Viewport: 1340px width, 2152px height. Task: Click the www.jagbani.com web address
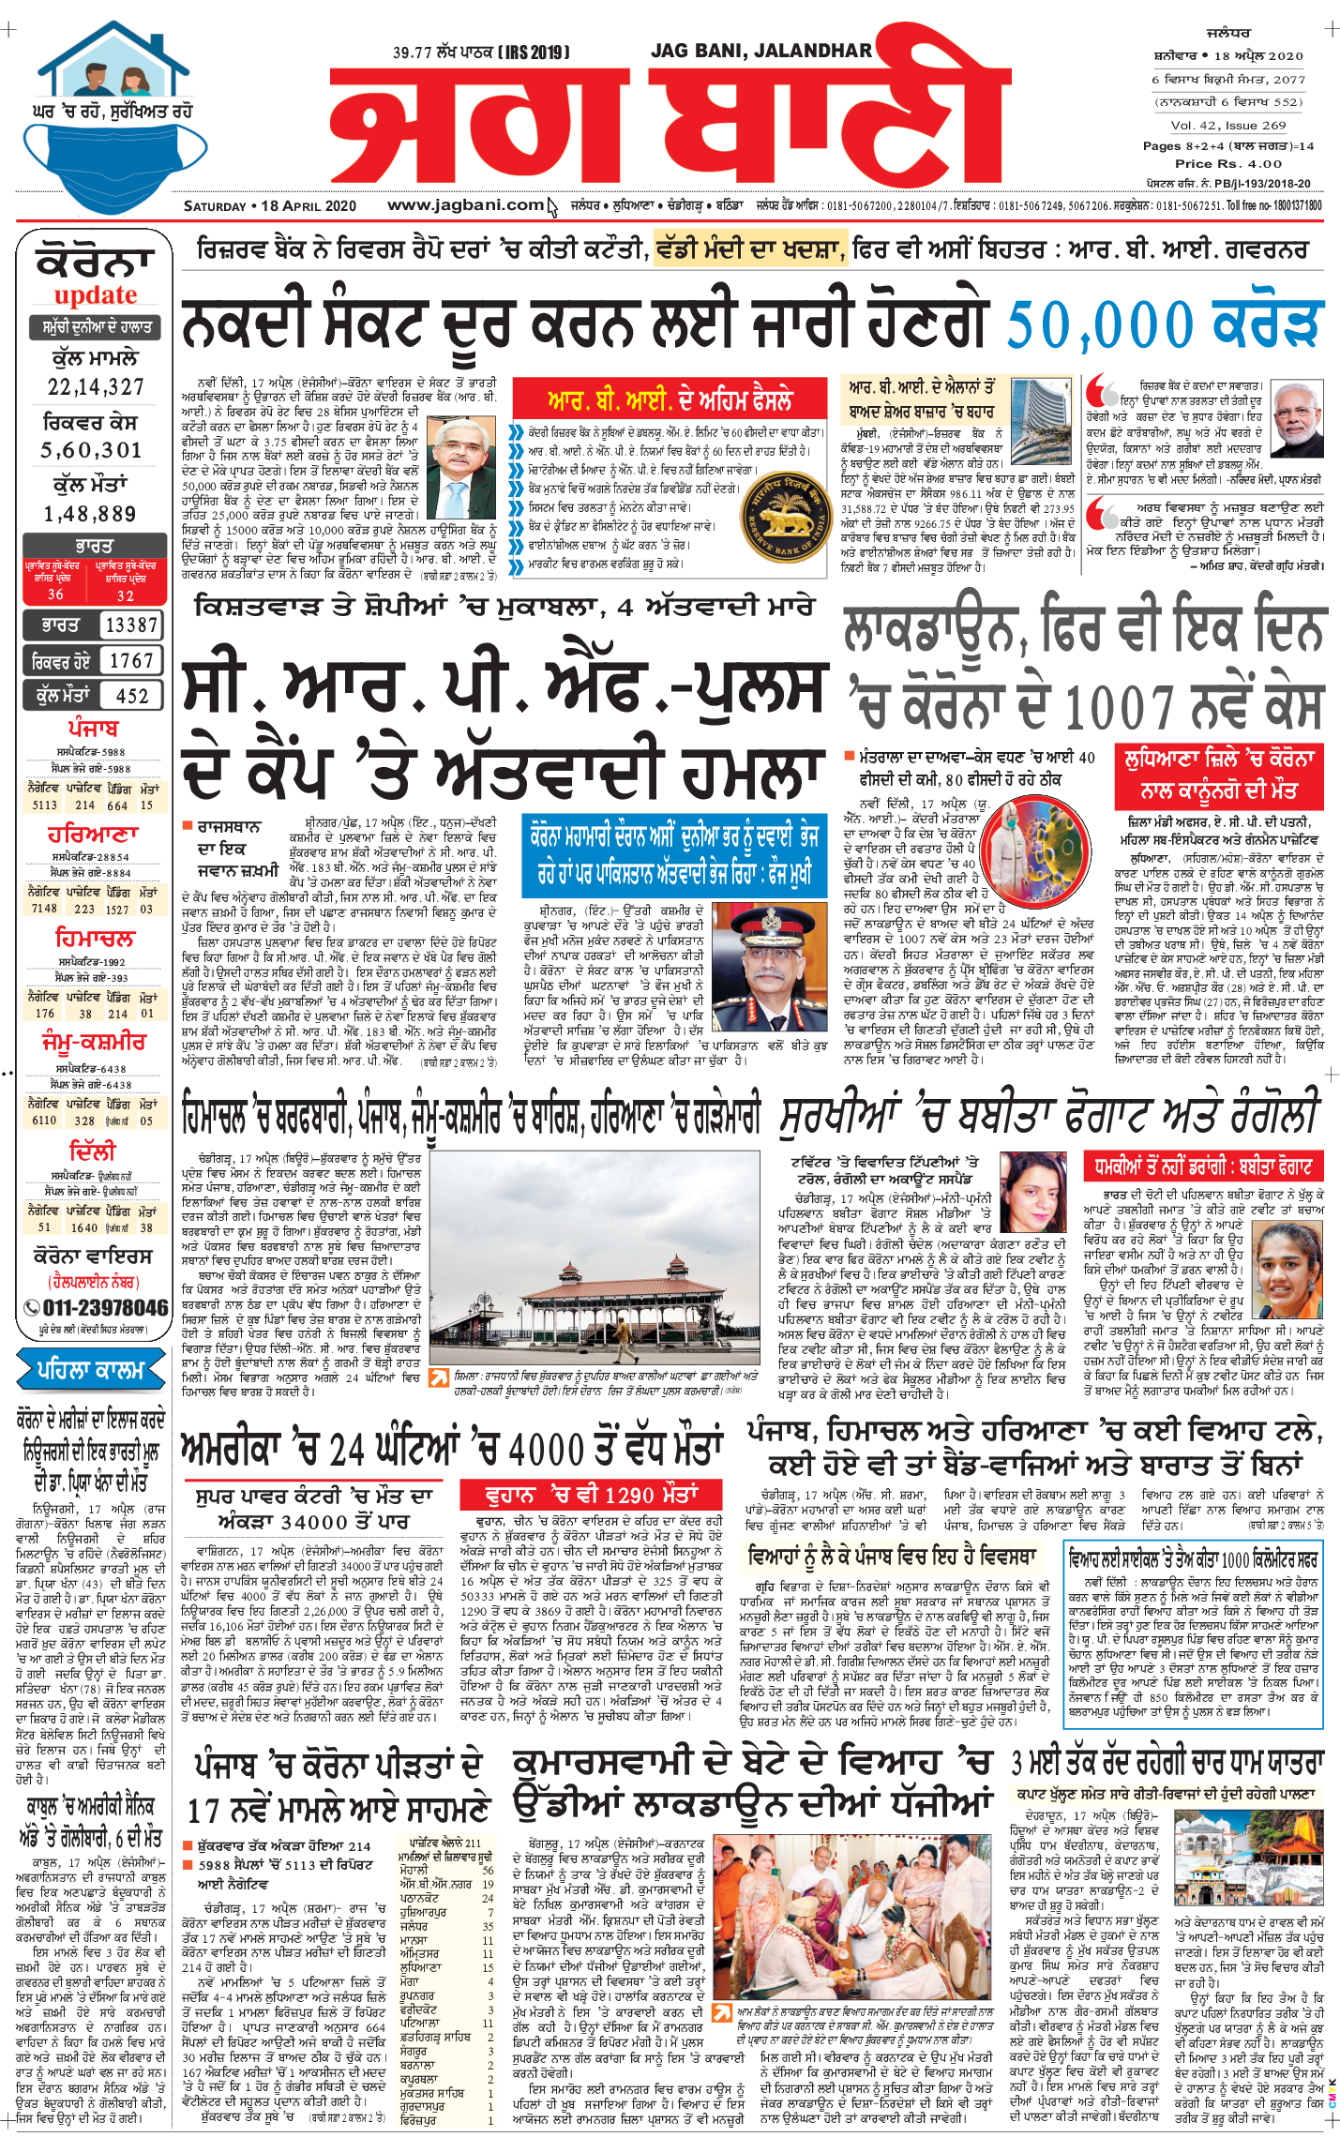coord(465,205)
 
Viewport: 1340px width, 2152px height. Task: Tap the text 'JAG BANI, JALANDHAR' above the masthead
coord(760,51)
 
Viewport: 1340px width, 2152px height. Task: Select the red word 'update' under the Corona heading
coord(95,295)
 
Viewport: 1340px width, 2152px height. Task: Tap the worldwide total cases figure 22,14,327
coord(96,386)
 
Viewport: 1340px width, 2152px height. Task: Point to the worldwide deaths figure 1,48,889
coord(90,514)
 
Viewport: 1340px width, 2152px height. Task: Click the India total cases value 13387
coord(130,625)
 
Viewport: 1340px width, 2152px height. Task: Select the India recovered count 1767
coord(130,661)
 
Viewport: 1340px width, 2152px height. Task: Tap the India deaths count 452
coord(131,696)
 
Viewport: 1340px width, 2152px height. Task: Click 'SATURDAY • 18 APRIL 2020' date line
coord(270,206)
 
